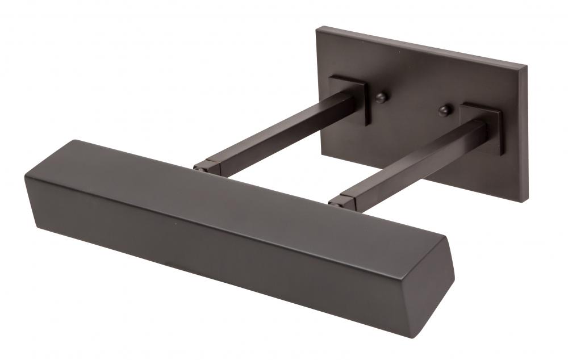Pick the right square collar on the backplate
482,126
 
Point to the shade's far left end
27,179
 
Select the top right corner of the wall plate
525,67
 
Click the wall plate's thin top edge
420,47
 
